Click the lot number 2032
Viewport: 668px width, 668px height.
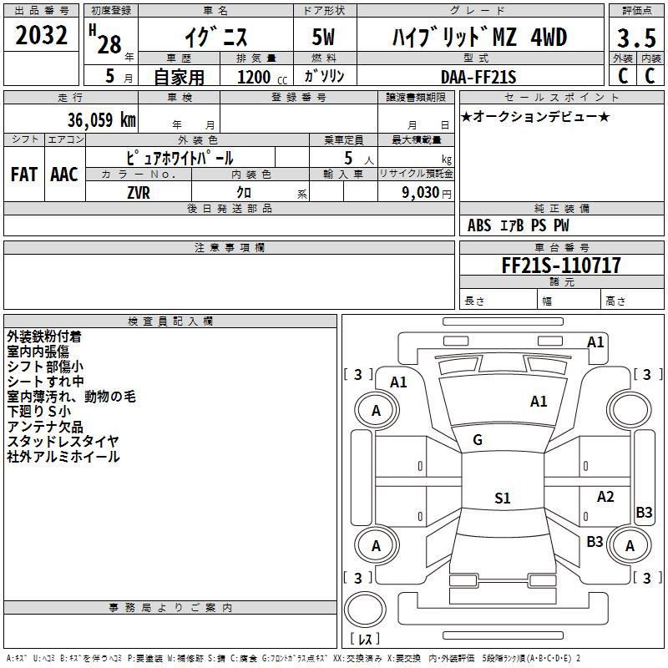pyautogui.click(x=42, y=37)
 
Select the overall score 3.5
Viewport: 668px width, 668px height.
pyautogui.click(x=636, y=38)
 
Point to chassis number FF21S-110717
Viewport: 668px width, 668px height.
pyautogui.click(x=561, y=266)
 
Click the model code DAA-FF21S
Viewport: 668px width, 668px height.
pyautogui.click(x=478, y=77)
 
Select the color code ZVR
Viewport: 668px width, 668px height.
pyautogui.click(x=139, y=191)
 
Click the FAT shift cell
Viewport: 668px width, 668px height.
pyautogui.click(x=23, y=174)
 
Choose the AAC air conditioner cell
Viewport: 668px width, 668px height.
pyautogui.click(x=64, y=174)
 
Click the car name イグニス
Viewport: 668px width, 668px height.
pyautogui.click(x=215, y=38)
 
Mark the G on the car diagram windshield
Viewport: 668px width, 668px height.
pyautogui.click(x=478, y=439)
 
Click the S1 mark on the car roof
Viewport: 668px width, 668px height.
pyautogui.click(x=502, y=498)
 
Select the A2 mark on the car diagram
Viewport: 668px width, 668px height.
pyautogui.click(x=605, y=497)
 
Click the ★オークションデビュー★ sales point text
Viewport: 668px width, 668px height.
pyautogui.click(x=535, y=116)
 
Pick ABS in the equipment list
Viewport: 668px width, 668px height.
pyautogui.click(x=479, y=225)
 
